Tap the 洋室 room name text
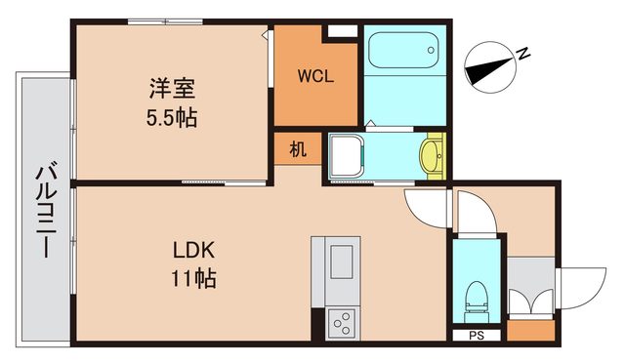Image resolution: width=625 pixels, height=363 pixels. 172,88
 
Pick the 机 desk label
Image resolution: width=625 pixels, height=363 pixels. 298,150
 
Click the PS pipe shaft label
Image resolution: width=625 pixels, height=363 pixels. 476,337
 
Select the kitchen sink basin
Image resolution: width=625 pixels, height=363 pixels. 342,262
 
